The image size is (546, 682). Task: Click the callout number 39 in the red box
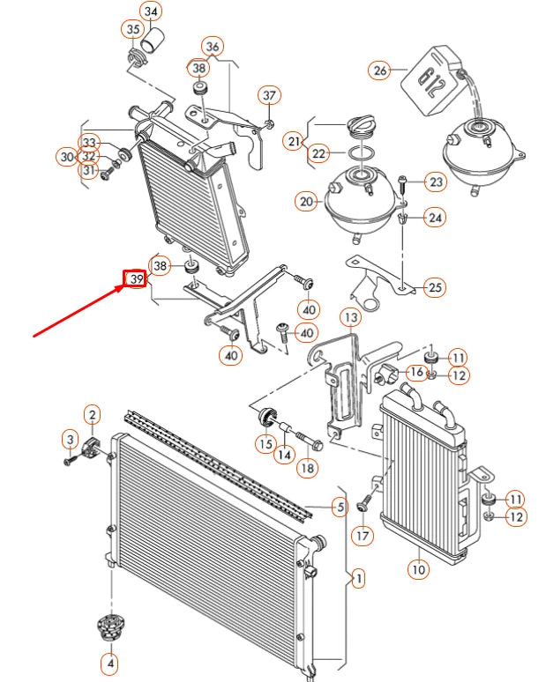[x=135, y=279]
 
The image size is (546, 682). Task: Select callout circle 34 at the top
[x=152, y=12]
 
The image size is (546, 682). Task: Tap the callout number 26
[x=380, y=70]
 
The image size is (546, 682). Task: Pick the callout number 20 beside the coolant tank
[x=306, y=202]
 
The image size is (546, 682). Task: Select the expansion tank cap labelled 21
[x=362, y=127]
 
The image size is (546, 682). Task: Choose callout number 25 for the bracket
[x=434, y=286]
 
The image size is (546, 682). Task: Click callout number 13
[x=350, y=317]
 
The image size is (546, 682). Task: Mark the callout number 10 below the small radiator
[x=418, y=570]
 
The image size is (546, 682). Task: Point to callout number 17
[x=361, y=534]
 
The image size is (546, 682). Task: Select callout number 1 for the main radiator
[x=358, y=579]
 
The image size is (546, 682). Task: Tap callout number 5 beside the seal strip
[x=339, y=506]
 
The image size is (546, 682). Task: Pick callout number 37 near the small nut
[x=269, y=95]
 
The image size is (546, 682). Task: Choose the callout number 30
[x=67, y=157]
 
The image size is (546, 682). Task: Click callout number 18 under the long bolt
[x=306, y=469]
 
